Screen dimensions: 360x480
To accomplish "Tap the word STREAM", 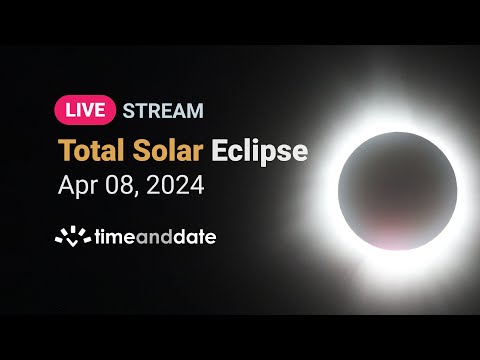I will point(163,110).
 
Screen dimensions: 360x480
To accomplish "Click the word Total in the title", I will point(94,151).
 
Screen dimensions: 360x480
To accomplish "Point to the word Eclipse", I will point(261,151).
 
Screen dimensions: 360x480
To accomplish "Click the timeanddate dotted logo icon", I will point(71,237).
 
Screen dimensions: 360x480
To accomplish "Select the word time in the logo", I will point(111,237).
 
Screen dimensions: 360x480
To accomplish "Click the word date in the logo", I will point(194,237).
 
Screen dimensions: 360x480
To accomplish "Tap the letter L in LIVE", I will point(66,110).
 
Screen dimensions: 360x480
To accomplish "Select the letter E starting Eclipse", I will point(220,151).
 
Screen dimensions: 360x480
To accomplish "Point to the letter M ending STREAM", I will point(194,110).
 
